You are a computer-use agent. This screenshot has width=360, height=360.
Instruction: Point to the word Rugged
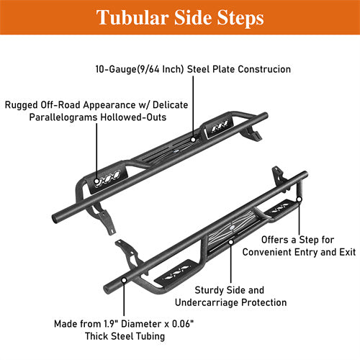[x=22, y=104]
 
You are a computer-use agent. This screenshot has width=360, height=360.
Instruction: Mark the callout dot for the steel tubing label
[x=125, y=278]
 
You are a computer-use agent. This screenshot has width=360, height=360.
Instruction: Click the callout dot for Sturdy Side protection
[x=230, y=242]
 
